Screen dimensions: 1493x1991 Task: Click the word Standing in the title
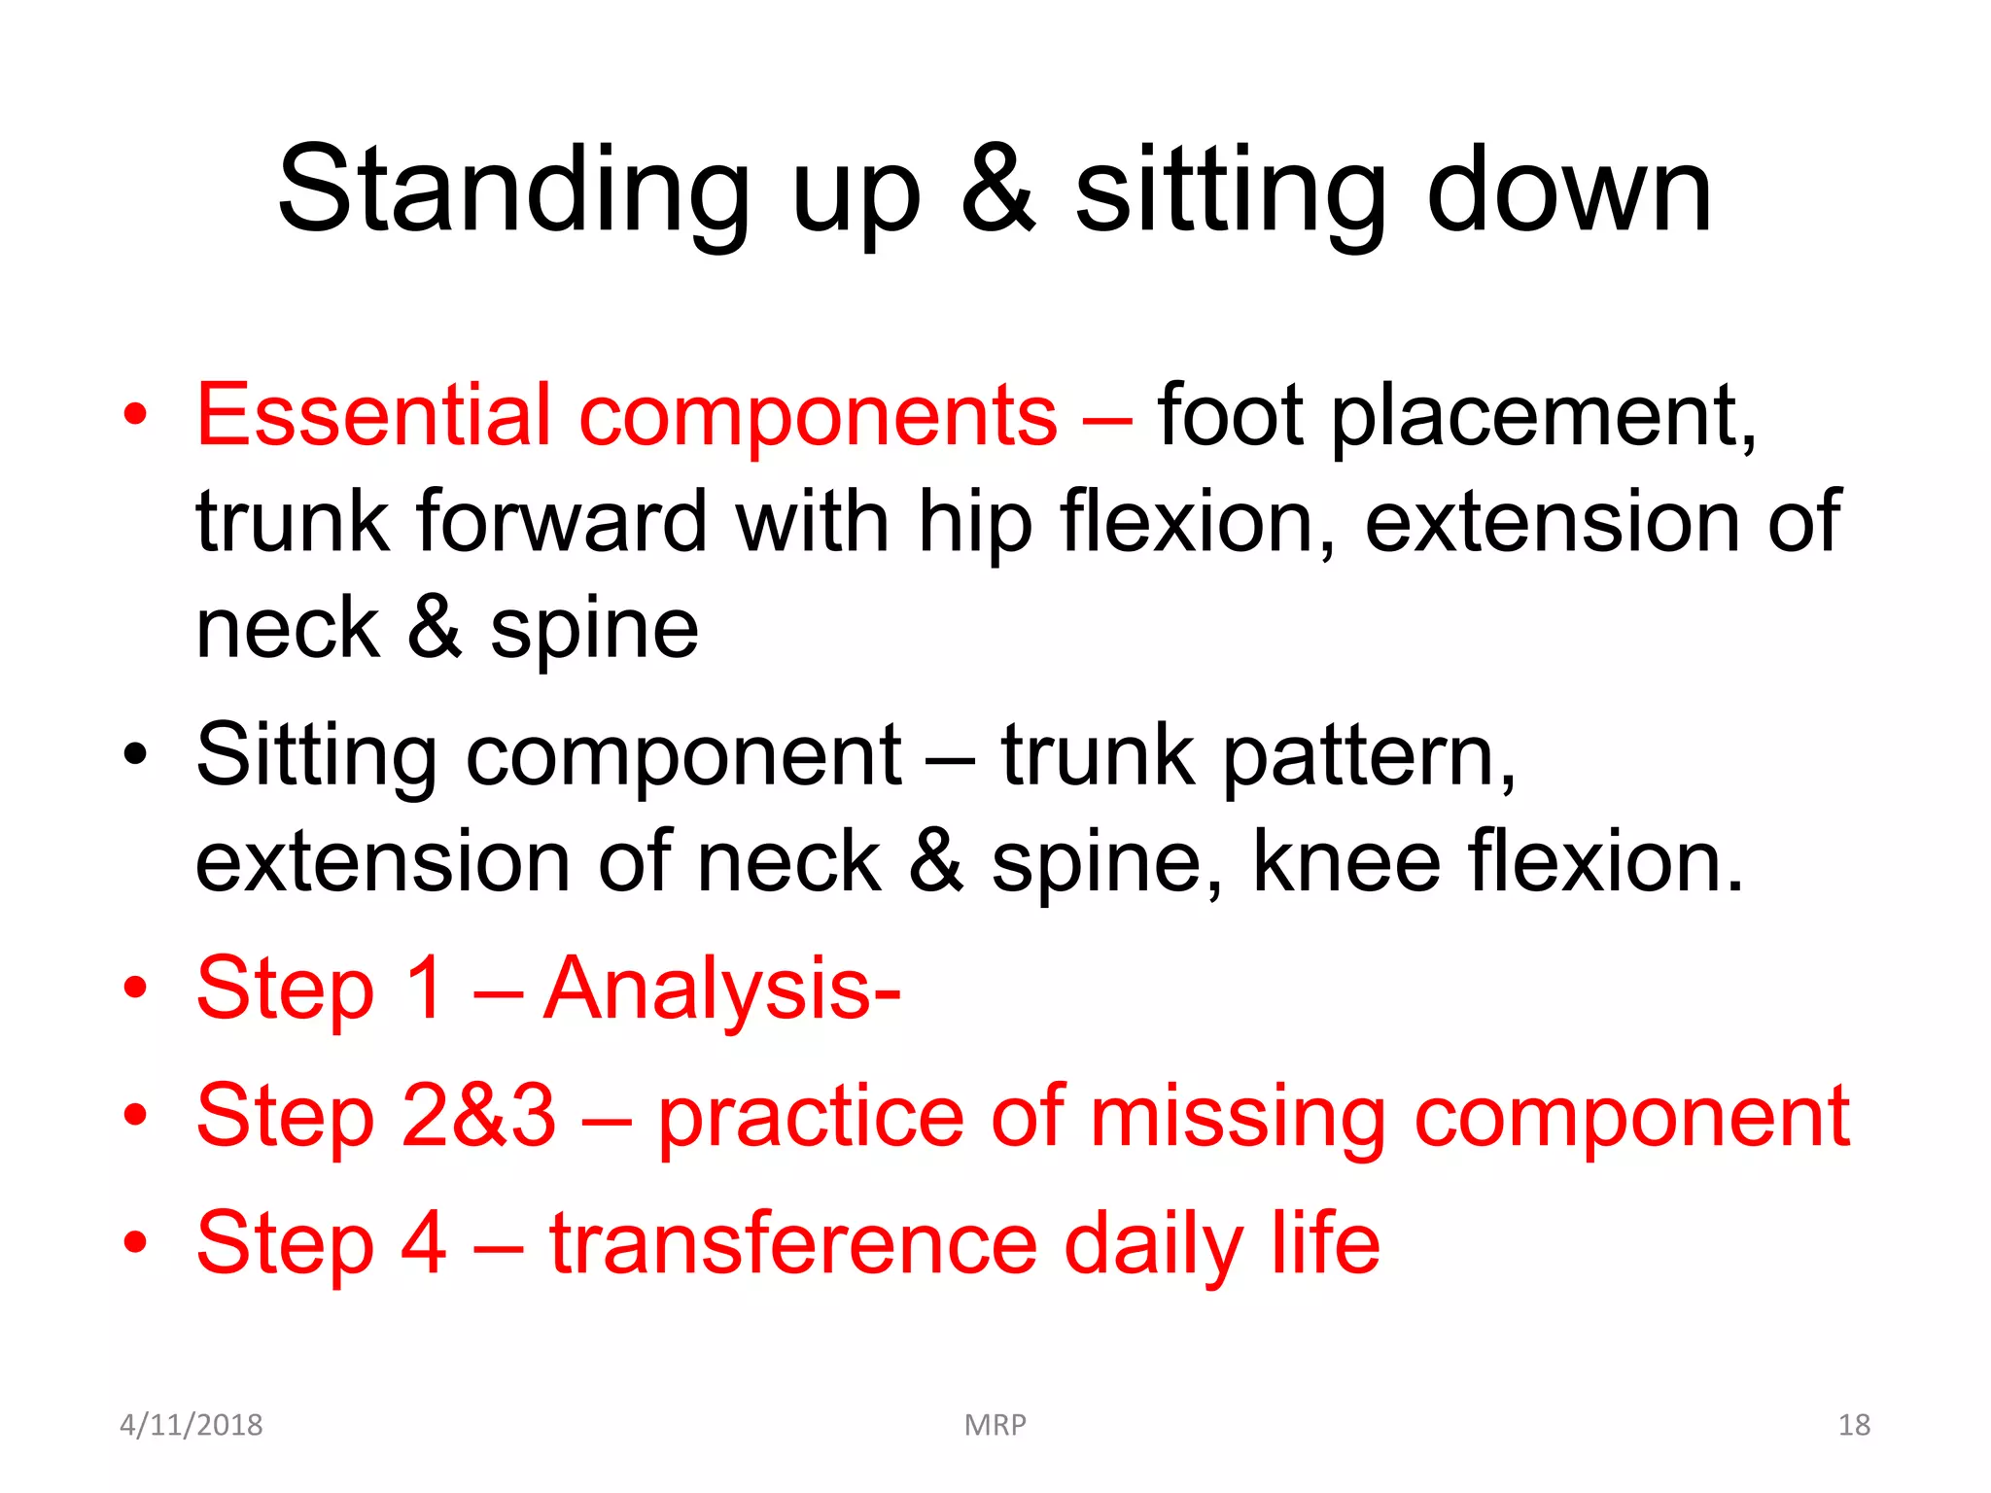512,191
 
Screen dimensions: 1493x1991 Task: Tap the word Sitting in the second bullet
317,758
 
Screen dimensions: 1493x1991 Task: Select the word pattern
1367,758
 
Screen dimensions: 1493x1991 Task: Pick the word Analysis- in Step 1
721,990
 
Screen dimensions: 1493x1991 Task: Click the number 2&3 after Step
477,1117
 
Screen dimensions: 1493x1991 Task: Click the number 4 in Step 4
424,1243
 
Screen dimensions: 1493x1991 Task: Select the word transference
793,1243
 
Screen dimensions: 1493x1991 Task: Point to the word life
1325,1243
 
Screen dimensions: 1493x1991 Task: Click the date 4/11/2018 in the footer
191,1425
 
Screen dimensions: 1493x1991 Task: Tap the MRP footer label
995,1425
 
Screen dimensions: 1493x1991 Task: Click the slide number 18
1854,1425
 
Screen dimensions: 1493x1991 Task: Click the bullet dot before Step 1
135,989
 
